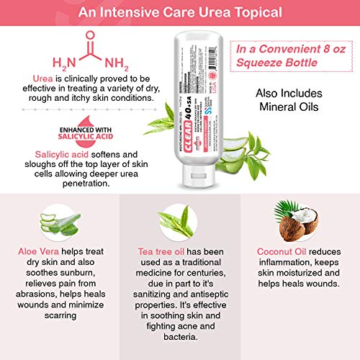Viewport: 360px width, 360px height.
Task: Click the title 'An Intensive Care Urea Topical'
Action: pyautogui.click(x=180, y=13)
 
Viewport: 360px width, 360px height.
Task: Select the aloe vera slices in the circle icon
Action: pyautogui.click(x=55, y=224)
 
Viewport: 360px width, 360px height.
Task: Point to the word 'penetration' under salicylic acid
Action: pyautogui.click(x=68, y=183)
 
